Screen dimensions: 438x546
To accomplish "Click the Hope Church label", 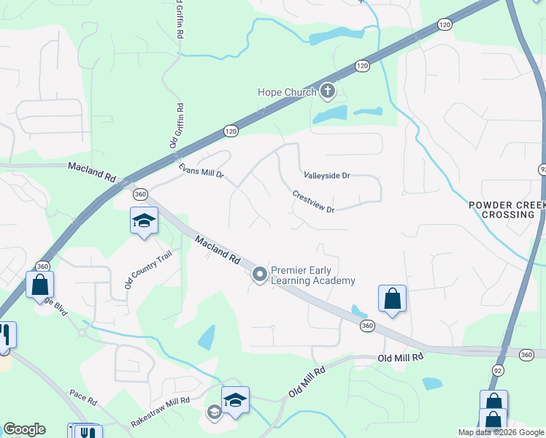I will click(287, 92).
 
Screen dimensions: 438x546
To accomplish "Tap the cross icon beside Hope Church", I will click(328, 91).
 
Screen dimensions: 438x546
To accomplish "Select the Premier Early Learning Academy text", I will click(312, 275).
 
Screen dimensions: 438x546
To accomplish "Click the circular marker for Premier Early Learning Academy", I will click(259, 274).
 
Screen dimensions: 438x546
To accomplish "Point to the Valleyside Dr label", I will click(327, 176).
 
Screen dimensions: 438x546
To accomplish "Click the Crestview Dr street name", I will click(312, 202).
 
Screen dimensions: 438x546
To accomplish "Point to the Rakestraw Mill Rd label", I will click(160, 412).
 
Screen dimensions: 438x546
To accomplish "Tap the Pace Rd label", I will click(83, 401).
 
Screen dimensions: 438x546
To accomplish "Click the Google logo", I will click(23, 429).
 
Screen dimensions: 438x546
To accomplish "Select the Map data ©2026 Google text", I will click(501, 432).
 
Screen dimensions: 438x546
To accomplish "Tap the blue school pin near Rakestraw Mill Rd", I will click(235, 401).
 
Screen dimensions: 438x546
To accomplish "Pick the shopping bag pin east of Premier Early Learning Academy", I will click(392, 299).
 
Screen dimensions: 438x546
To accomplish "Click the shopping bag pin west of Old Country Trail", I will click(39, 285).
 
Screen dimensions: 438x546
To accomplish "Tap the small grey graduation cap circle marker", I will click(214, 412).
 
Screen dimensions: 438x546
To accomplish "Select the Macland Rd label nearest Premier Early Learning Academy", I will click(218, 250).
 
